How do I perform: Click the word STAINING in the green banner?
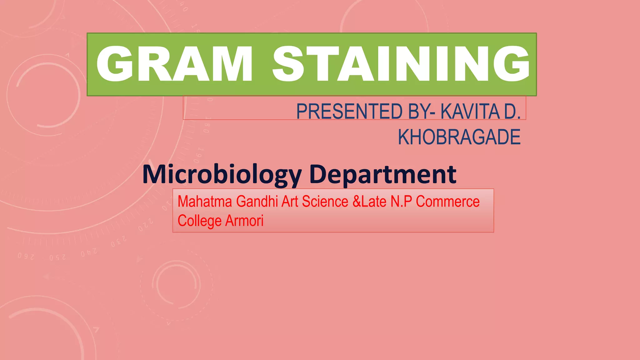point(401,64)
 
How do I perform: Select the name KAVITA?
point(470,112)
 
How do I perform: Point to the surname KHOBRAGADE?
point(459,137)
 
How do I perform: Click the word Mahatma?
point(205,202)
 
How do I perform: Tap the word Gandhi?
point(257,202)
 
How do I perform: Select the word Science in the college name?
point(325,202)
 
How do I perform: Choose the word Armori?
point(244,221)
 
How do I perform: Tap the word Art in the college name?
point(290,202)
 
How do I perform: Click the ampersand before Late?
point(357,202)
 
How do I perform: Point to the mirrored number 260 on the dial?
point(26,257)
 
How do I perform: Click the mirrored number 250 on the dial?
point(57,257)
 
